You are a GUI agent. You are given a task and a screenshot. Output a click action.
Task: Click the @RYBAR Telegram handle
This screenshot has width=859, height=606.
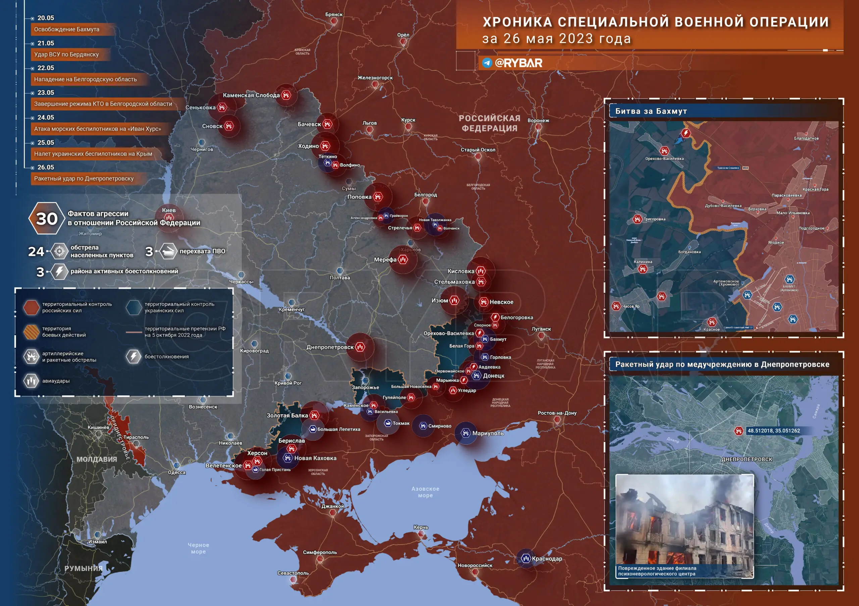518,63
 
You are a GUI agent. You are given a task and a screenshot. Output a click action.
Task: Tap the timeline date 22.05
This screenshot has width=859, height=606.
46,68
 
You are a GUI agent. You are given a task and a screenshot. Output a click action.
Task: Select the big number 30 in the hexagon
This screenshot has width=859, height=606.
47,219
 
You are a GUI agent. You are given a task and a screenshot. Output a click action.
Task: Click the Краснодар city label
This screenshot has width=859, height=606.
547,558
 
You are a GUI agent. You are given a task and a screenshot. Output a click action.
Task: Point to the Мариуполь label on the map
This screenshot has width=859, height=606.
488,433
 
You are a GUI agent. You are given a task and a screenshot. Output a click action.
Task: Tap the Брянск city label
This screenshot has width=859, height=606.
334,14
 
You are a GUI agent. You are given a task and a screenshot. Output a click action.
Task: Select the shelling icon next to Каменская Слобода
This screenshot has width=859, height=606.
286,95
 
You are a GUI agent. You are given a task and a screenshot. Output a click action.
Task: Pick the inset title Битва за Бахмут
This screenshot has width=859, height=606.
651,111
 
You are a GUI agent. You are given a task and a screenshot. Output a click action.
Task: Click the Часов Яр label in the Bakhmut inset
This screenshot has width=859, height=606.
631,306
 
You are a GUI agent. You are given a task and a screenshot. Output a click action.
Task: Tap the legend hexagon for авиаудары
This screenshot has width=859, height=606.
32,381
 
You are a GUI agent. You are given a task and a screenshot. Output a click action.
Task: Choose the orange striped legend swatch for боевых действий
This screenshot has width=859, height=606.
32,332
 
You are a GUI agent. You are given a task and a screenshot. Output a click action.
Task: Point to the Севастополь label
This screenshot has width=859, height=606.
293,573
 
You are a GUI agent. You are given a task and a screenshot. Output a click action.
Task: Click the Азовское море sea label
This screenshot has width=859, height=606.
425,492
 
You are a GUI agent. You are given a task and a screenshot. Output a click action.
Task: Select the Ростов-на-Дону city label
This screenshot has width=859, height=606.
557,413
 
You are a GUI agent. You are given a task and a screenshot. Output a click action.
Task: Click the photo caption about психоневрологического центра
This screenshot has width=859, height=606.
657,571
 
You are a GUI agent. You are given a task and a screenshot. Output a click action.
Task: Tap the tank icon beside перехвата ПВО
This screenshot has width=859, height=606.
168,251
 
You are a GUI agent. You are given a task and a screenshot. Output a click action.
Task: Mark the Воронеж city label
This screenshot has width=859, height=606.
538,120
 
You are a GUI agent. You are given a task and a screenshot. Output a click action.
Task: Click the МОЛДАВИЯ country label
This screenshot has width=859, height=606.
97,459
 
